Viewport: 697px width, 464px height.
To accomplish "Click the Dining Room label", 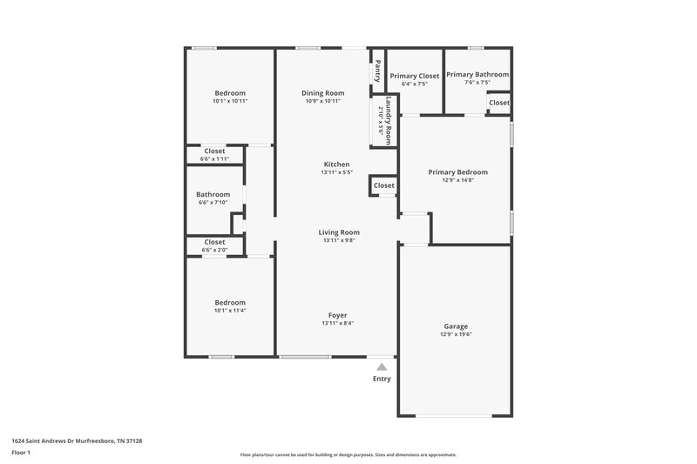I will pyautogui.click(x=322, y=93).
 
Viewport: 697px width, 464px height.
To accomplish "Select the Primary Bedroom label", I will pyautogui.click(x=457, y=172).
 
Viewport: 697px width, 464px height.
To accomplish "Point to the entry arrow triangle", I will pyautogui.click(x=382, y=367).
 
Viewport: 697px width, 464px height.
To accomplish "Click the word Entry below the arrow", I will pyautogui.click(x=382, y=379).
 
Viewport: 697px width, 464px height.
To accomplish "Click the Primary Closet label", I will pyautogui.click(x=414, y=77).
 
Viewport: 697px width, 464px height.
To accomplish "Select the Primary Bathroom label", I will pyautogui.click(x=477, y=75).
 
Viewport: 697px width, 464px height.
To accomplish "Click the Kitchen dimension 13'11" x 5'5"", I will pyautogui.click(x=337, y=172).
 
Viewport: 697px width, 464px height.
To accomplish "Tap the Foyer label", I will pyautogui.click(x=337, y=314).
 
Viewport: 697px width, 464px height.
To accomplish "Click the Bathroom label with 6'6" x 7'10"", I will pyautogui.click(x=213, y=194).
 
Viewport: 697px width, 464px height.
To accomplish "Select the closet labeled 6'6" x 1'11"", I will pyautogui.click(x=214, y=159).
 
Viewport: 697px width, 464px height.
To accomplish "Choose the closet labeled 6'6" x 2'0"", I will pyautogui.click(x=214, y=251).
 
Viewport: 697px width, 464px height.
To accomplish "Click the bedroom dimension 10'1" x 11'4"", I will pyautogui.click(x=230, y=311).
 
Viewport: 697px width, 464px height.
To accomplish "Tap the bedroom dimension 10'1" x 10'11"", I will pyautogui.click(x=230, y=101).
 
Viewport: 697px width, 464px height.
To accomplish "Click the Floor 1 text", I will pyautogui.click(x=21, y=453).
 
